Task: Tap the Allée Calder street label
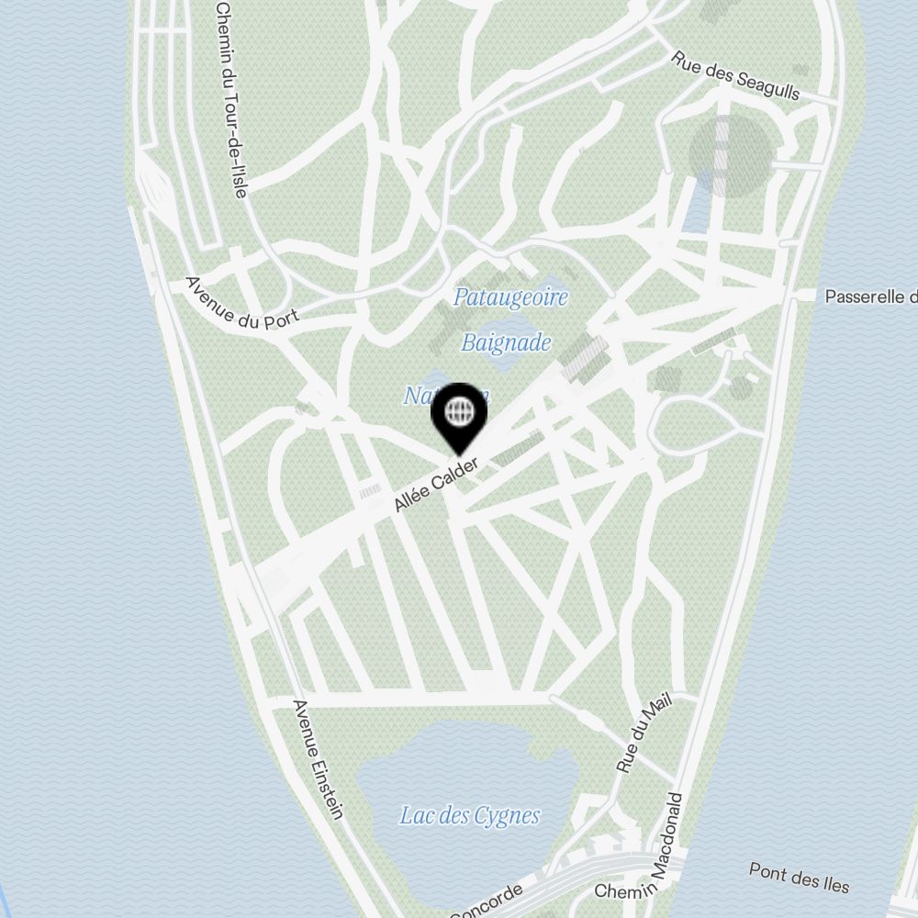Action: tap(436, 485)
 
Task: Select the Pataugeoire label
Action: tap(511, 297)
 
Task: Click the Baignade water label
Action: tap(506, 343)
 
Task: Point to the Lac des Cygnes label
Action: tap(469, 815)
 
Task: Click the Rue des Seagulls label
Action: tap(735, 74)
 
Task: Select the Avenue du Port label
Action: tap(241, 300)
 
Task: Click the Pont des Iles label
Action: tap(799, 878)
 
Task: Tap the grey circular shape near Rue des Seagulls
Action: tap(730, 156)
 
